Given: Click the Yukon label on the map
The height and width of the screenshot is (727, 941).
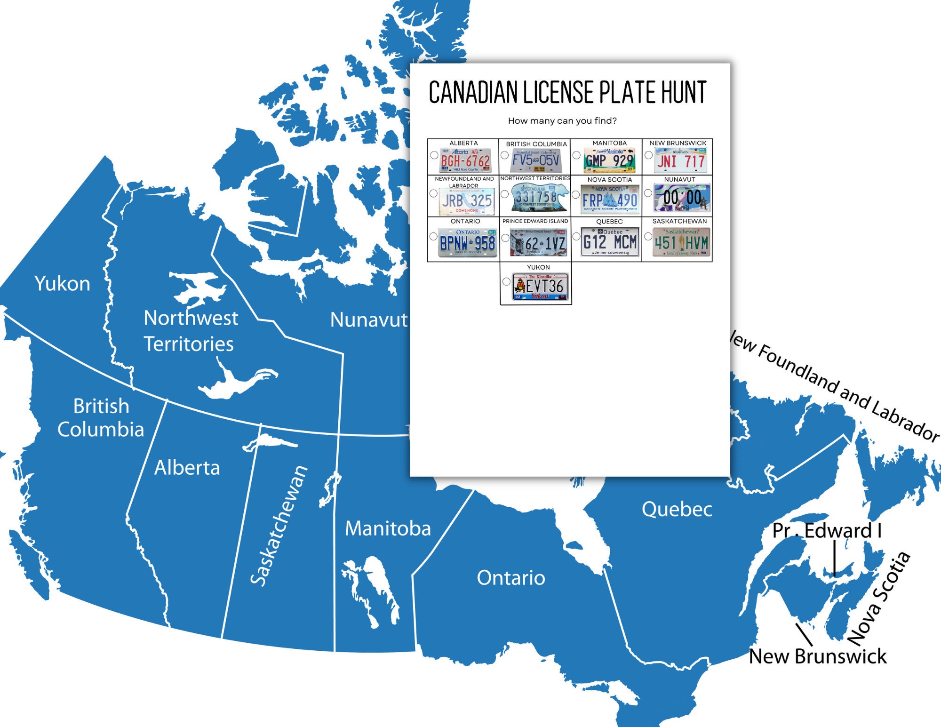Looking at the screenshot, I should click(x=62, y=284).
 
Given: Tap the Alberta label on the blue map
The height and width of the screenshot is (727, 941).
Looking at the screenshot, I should click(x=187, y=468).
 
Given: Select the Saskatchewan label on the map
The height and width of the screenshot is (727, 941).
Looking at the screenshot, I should click(x=279, y=526).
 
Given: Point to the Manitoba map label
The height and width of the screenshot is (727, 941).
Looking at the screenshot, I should click(x=388, y=528).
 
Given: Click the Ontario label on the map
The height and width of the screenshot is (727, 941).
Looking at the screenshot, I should click(x=511, y=577).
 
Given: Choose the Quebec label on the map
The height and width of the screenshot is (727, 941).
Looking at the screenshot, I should click(x=677, y=509).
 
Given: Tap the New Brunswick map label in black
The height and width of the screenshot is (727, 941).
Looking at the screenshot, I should click(x=817, y=656).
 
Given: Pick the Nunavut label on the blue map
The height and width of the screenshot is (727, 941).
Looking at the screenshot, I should click(x=369, y=320).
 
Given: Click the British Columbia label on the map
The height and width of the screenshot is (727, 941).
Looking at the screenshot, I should click(x=101, y=418).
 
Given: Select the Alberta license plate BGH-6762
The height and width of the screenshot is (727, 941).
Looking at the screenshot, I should click(x=465, y=161).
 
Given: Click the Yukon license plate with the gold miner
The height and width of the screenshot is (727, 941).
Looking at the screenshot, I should click(x=540, y=287).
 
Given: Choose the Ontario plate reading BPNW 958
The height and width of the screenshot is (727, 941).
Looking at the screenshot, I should click(x=467, y=243).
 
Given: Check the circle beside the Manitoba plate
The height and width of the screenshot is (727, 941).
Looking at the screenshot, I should click(x=576, y=155).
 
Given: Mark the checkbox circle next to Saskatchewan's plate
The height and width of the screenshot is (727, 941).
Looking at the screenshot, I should click(x=648, y=237).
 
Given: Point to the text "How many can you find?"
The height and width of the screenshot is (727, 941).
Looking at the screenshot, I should click(x=562, y=121).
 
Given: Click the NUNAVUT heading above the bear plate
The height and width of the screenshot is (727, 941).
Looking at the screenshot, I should click(x=679, y=180).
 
